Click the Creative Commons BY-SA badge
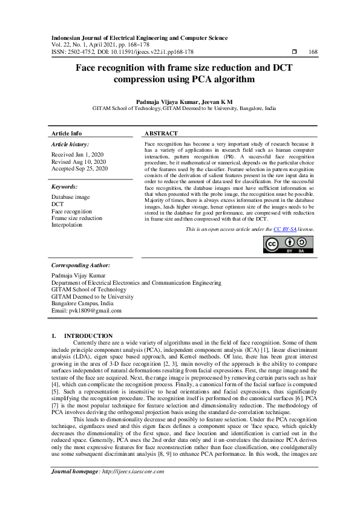coord(287,245)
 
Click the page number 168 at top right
coord(313,53)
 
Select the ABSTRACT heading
coord(161,133)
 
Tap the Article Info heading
coord(67,133)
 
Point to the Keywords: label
coord(65,187)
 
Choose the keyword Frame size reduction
coord(76,218)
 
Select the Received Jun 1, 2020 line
coord(78,155)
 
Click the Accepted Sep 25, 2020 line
coord(79,169)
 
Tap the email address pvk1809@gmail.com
coord(87,311)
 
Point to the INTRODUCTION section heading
coord(88,336)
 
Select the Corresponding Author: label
coord(80,265)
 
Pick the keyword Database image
coord(70,197)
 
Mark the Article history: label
coord(70,144)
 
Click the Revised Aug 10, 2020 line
coord(79,162)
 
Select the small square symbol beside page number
coord(294,53)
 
